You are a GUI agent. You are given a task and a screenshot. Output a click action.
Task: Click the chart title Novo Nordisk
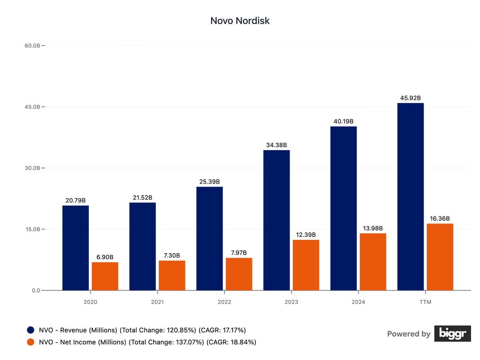[240, 21]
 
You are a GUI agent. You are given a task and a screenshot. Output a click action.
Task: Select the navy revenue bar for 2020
[76, 248]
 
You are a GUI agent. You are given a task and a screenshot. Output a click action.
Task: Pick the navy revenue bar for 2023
[276, 220]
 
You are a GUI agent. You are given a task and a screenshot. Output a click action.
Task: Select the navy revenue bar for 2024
[344, 208]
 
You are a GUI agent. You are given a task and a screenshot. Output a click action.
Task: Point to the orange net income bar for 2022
[239, 274]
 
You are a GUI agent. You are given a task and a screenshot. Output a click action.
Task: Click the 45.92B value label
[410, 98]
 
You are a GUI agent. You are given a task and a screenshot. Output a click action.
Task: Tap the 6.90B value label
[105, 257]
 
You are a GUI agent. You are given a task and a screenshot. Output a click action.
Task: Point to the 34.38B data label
[276, 145]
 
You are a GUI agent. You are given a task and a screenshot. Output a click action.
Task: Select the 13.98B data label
[373, 228]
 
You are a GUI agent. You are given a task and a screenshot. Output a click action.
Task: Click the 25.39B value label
[210, 182]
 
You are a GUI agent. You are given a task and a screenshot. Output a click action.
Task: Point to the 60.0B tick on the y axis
[32, 46]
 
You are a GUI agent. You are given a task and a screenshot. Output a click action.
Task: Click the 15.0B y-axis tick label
[32, 229]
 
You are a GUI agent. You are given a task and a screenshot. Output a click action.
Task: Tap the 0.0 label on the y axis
[36, 290]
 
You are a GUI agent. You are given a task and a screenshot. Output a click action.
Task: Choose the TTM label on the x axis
[425, 302]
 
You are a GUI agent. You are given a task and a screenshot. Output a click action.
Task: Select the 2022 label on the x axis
[224, 302]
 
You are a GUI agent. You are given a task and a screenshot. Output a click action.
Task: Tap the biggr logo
[450, 334]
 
